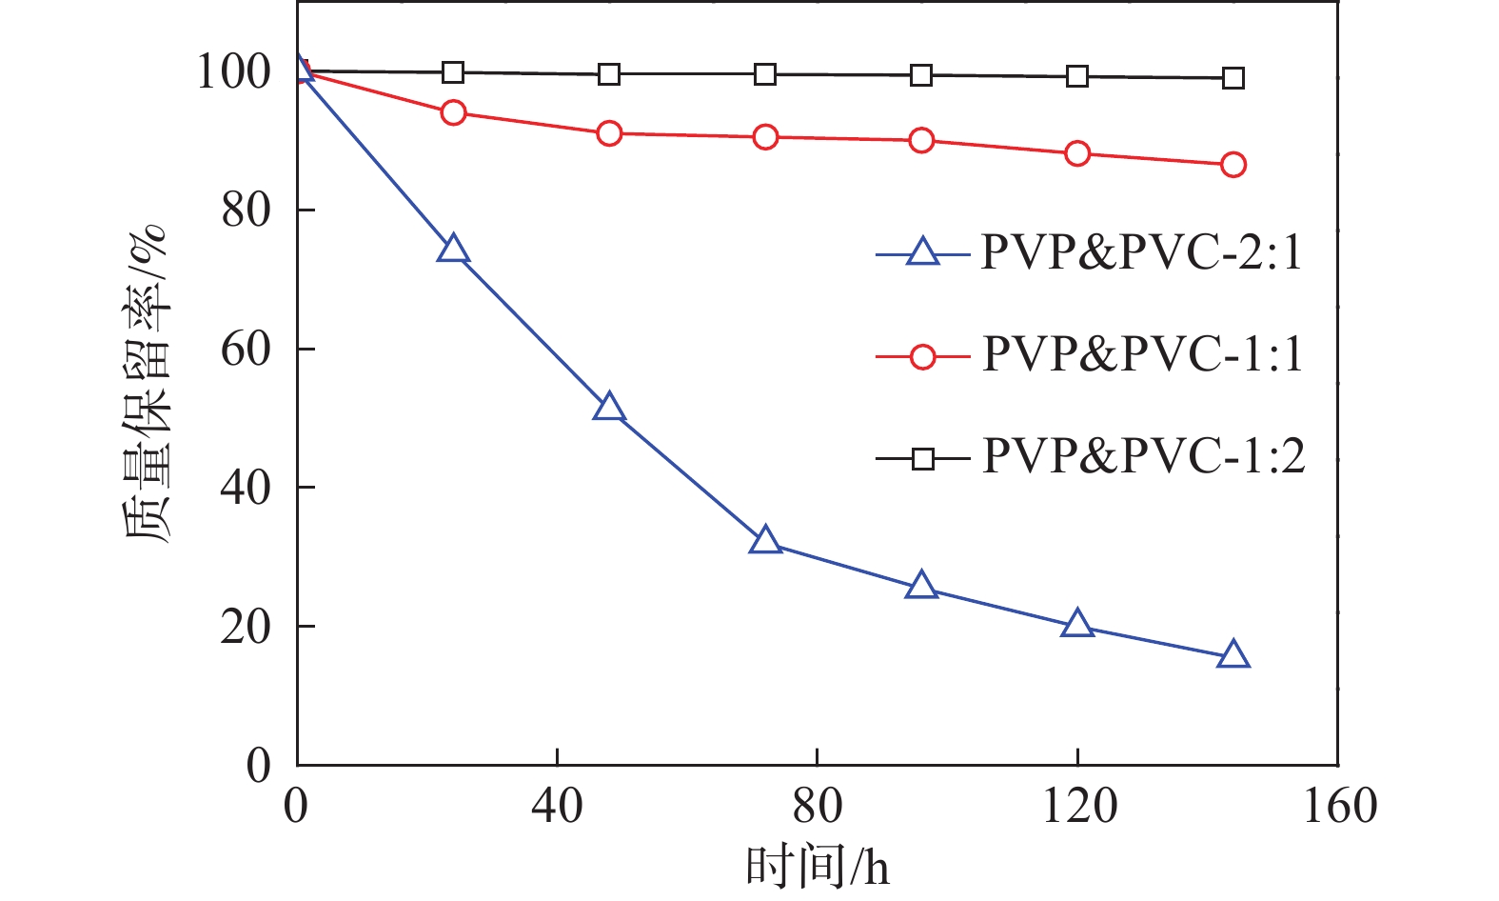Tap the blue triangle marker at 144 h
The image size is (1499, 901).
click(x=1233, y=655)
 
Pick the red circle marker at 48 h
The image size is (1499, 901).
click(x=609, y=133)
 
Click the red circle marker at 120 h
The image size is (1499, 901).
click(x=1076, y=153)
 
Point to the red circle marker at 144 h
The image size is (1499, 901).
click(x=1233, y=165)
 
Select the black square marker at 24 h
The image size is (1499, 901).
click(x=453, y=72)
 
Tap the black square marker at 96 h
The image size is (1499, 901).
click(x=920, y=75)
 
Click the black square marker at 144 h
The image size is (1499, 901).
click(x=1233, y=78)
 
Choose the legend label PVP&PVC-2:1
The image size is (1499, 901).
click(x=1141, y=253)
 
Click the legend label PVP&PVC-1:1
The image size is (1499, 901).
click(x=1141, y=355)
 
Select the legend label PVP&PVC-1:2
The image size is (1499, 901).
click(x=1142, y=457)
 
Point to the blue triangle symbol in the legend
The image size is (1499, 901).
click(x=921, y=252)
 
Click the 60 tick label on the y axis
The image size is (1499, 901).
click(x=246, y=350)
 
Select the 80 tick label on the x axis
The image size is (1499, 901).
click(x=817, y=807)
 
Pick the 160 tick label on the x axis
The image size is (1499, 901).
click(x=1336, y=807)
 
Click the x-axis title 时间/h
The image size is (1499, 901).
click(x=817, y=867)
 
